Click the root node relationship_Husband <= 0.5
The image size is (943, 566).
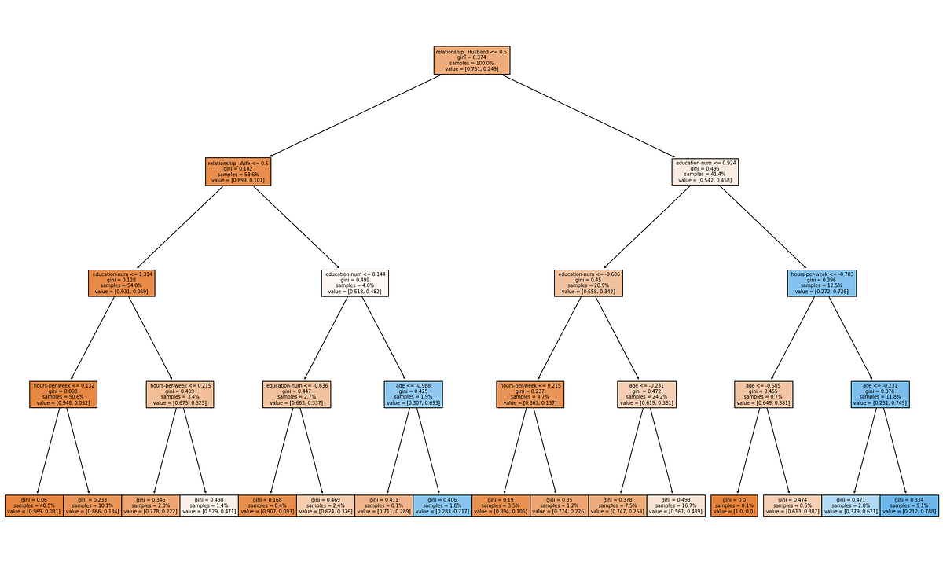tap(472, 60)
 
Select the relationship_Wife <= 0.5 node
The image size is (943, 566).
tap(236, 171)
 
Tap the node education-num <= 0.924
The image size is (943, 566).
tap(706, 171)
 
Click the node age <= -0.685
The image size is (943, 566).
tap(764, 395)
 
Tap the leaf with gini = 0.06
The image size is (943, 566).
tap(34, 505)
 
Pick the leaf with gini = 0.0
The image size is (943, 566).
tap(734, 505)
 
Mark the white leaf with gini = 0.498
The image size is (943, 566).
tap(208, 505)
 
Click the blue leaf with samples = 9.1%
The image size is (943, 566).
tap(910, 505)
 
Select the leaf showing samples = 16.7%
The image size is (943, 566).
tap(677, 505)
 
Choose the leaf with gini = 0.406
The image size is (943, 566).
tap(443, 505)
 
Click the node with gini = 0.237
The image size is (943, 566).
tap(530, 395)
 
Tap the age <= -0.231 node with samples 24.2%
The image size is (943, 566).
tap(647, 395)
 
